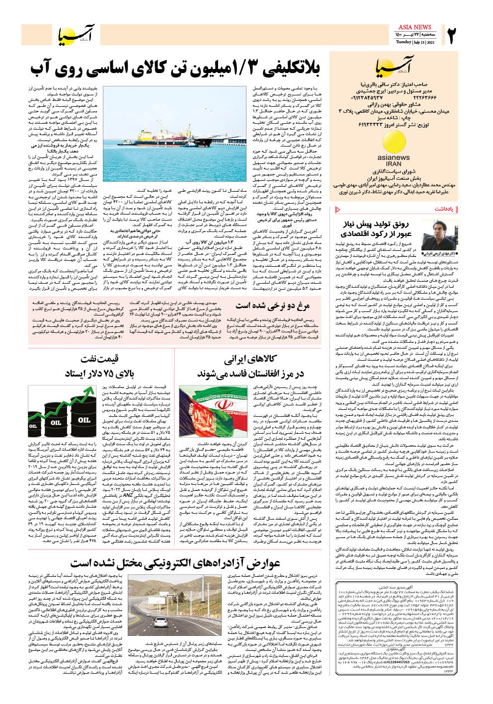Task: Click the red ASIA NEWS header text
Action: coord(414,27)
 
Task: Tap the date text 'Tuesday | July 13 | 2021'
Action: coord(415,42)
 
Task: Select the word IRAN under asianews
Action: coord(394,163)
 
